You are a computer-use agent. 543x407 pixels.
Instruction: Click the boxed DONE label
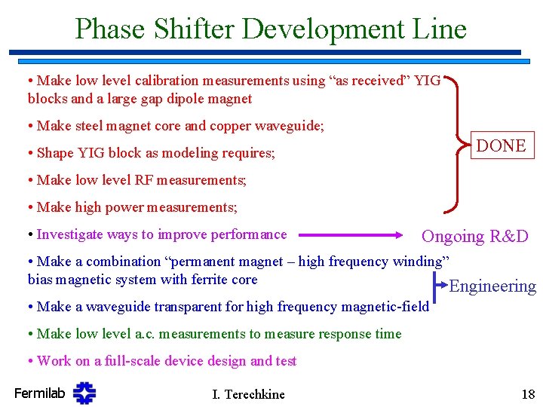(502, 145)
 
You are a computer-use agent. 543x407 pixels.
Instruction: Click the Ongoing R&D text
(474, 236)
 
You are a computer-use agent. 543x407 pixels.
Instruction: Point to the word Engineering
(492, 286)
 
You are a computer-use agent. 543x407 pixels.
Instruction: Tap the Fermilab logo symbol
(84, 393)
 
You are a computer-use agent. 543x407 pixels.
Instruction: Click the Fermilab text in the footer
(39, 393)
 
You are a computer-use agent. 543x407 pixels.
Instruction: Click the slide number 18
(527, 394)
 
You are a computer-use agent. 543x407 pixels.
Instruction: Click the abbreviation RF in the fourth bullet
(144, 180)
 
